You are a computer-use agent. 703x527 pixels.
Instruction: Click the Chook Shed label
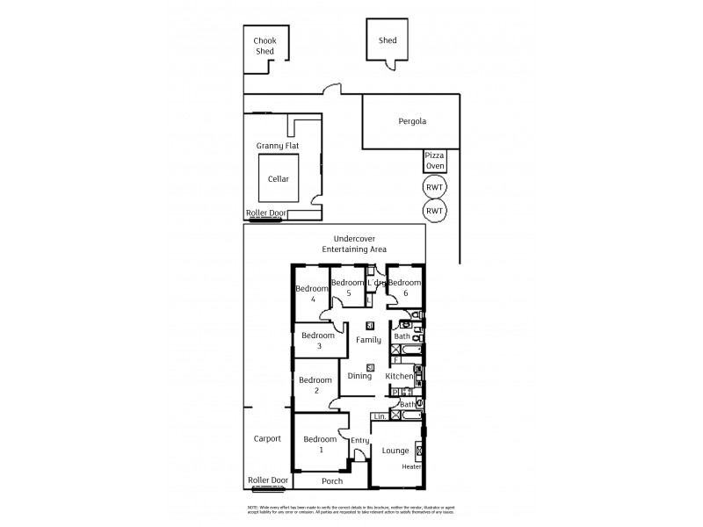point(265,46)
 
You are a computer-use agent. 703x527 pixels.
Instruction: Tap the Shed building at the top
point(388,41)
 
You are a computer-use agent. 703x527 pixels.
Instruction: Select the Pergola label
point(411,121)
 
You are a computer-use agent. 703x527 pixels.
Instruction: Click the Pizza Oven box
point(435,160)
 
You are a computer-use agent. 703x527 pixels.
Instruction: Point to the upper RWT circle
point(434,187)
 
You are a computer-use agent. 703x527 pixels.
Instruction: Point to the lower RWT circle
point(434,211)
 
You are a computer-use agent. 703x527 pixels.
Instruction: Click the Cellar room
point(279,179)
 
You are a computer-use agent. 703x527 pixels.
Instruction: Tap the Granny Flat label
point(277,145)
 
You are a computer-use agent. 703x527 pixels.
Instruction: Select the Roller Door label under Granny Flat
point(267,212)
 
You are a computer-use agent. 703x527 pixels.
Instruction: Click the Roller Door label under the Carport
point(268,480)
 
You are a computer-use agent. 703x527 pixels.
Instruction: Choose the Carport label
point(266,438)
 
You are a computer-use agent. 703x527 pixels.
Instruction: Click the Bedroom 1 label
point(320,444)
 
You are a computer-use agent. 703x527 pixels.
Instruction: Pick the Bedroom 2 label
point(314,386)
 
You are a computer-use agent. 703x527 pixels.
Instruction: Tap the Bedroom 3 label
point(318,341)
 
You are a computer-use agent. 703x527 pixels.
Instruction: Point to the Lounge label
point(395,451)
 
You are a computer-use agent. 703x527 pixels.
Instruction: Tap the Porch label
point(332,481)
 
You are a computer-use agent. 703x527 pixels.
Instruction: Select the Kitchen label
point(399,376)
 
